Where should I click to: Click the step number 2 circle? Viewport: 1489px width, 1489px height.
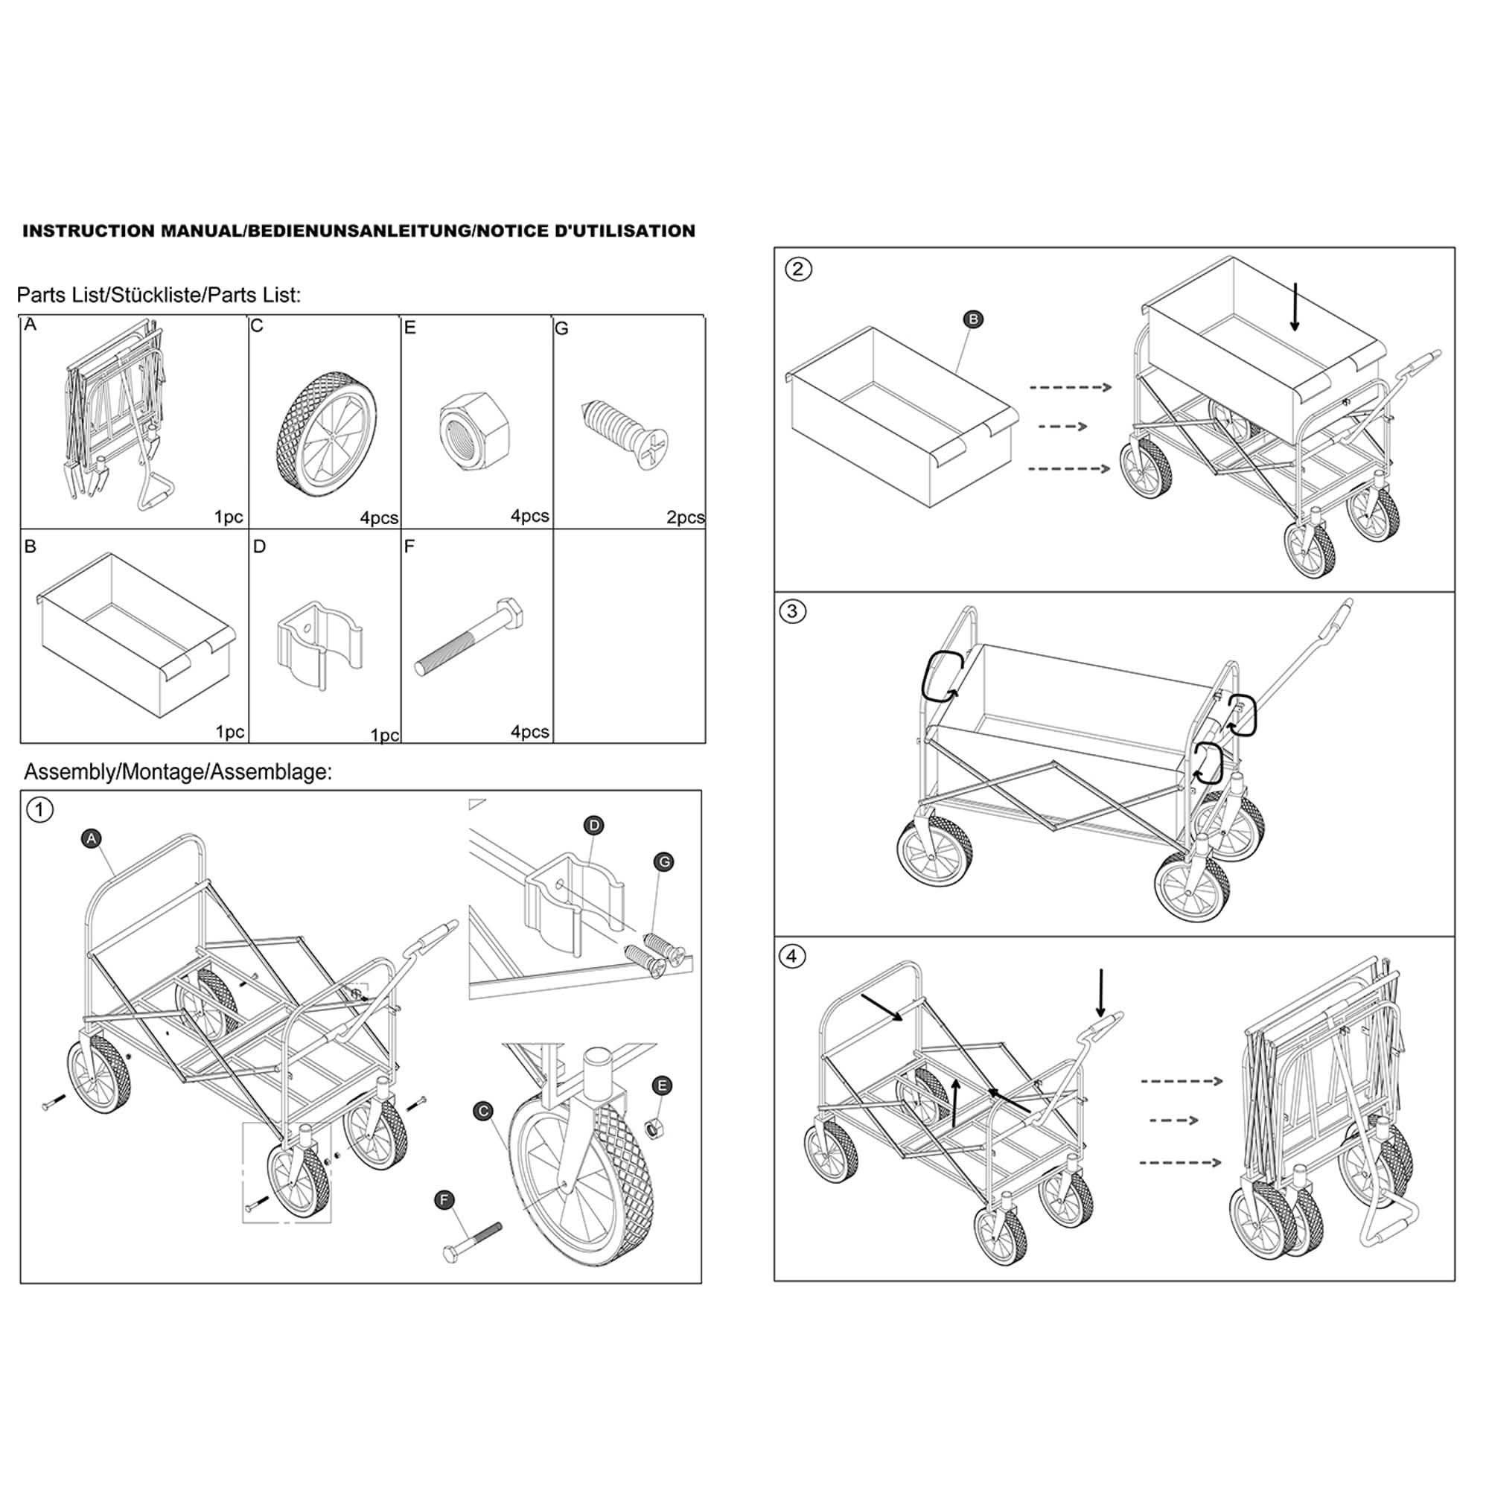[797, 269]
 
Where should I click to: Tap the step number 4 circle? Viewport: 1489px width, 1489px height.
[791, 957]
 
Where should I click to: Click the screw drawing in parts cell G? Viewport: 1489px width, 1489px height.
[625, 435]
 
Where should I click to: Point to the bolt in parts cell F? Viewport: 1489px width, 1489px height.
[469, 637]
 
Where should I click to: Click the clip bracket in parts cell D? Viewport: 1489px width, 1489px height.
[319, 643]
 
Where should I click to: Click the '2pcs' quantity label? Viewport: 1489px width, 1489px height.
[684, 518]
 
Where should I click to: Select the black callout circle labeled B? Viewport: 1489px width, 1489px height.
[973, 319]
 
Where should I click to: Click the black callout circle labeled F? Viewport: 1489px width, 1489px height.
[444, 1200]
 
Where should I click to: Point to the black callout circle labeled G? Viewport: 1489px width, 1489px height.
[663, 861]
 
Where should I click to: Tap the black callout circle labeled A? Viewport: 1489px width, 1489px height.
[92, 838]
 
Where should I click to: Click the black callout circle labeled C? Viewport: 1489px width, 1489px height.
[483, 1112]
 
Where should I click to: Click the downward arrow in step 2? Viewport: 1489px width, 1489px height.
[1295, 307]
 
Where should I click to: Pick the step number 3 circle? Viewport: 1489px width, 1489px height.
[791, 612]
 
